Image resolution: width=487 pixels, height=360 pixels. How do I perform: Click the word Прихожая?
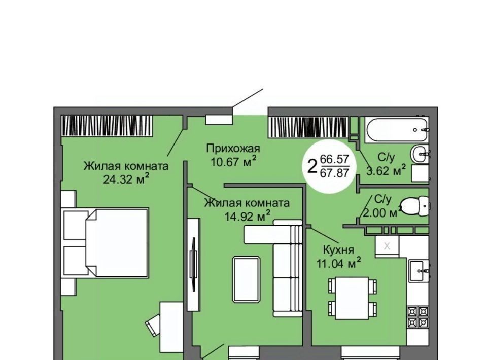pyautogui.click(x=233, y=149)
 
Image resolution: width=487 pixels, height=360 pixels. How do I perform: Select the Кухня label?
pyautogui.click(x=338, y=250)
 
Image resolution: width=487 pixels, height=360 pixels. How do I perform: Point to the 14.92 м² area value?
pyautogui.click(x=247, y=215)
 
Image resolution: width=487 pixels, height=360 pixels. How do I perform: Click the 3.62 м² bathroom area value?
pyautogui.click(x=386, y=170)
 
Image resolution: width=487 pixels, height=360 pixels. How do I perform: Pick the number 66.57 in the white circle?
pyautogui.click(x=334, y=160)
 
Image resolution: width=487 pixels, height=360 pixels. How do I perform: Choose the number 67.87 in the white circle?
pyautogui.click(x=334, y=172)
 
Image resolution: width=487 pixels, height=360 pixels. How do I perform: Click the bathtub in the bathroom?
pyautogui.click(x=397, y=130)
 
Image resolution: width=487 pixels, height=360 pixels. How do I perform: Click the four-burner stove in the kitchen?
pyautogui.click(x=418, y=317)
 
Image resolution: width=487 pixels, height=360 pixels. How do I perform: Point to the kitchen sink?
pyautogui.click(x=419, y=271)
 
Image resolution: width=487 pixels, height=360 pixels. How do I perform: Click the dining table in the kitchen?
pyautogui.click(x=352, y=298)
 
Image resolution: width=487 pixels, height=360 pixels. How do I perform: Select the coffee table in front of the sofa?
pyautogui.click(x=247, y=279)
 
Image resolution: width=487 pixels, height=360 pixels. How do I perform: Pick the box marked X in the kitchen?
pyautogui.click(x=387, y=246)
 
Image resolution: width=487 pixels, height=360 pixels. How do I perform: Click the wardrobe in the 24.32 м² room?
pyautogui.click(x=107, y=126)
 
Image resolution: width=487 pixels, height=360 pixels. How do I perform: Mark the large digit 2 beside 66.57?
pyautogui.click(x=312, y=166)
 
